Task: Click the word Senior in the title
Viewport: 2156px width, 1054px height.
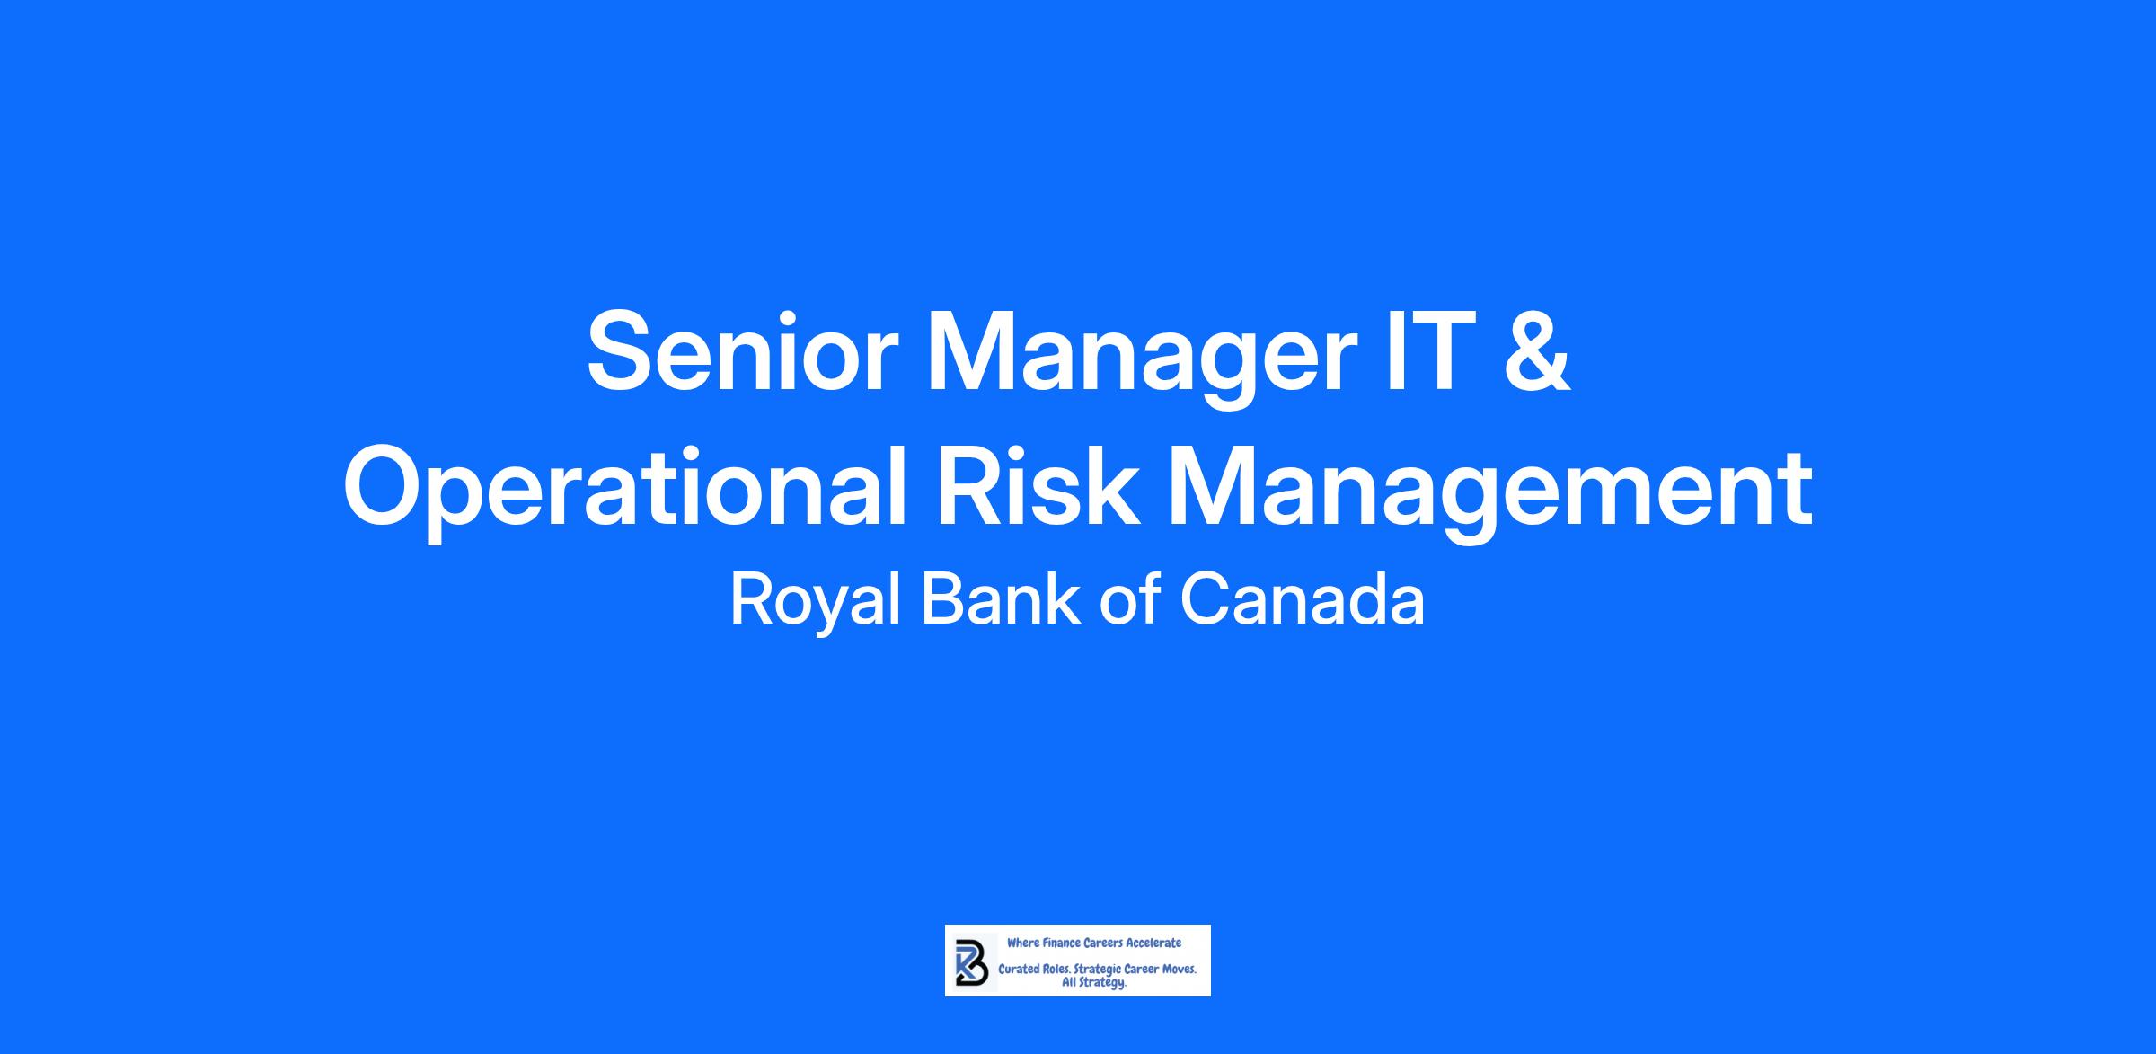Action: click(x=743, y=351)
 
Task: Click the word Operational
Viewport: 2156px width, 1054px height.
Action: click(x=625, y=492)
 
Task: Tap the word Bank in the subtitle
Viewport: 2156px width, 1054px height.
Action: click(x=1001, y=599)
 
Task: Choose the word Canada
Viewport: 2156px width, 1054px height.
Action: click(x=1303, y=600)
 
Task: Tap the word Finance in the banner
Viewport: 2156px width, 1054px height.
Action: click(x=1060, y=943)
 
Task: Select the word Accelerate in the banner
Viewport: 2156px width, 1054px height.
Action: click(x=1154, y=943)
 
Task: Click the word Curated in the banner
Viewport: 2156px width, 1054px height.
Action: click(x=1019, y=970)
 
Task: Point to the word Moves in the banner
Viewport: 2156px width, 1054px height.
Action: click(x=1176, y=970)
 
